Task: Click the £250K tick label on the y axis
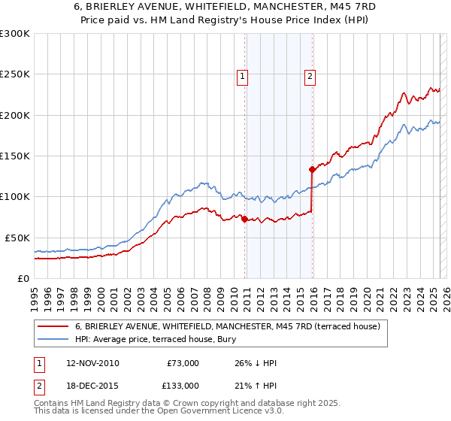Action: tap(15, 74)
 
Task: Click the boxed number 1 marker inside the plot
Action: tap(244, 74)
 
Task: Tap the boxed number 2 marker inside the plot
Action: tap(310, 74)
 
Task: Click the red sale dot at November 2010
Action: tap(245, 219)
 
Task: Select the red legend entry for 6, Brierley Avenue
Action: tap(228, 326)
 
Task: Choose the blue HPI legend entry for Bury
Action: tap(177, 339)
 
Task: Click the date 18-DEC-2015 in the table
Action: tap(92, 386)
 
